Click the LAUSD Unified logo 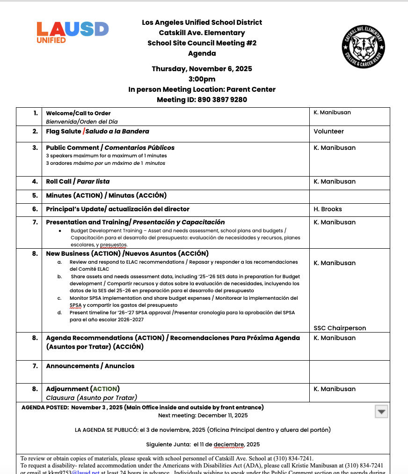73,32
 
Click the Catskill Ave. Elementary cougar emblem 363,46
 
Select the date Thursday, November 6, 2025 202,69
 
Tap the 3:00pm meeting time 202,79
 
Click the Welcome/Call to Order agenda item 78,113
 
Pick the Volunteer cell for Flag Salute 328,132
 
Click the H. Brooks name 328,209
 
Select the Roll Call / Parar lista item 78,182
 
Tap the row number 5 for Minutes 35,196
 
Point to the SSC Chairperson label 340,328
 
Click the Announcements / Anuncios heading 90,366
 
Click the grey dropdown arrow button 382,412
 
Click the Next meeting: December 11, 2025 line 203,415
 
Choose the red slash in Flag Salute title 83,132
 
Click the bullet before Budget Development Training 60,231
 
